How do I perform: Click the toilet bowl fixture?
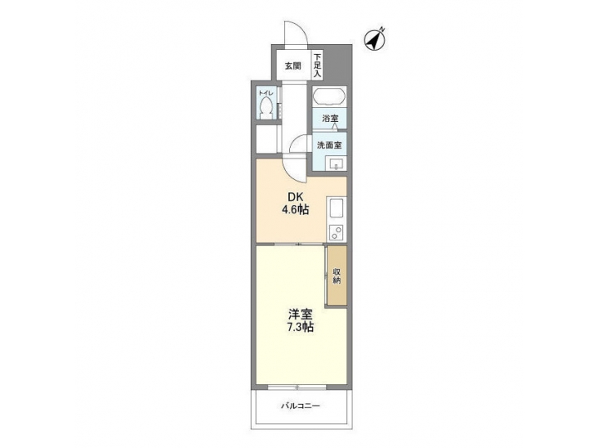265,108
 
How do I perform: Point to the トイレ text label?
265,92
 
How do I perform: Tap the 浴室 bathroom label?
330,119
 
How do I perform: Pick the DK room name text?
297,197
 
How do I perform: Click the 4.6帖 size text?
297,210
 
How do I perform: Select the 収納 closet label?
336,276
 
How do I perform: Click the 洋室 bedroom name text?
301,314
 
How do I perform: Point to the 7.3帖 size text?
301,328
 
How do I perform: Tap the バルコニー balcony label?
300,406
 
